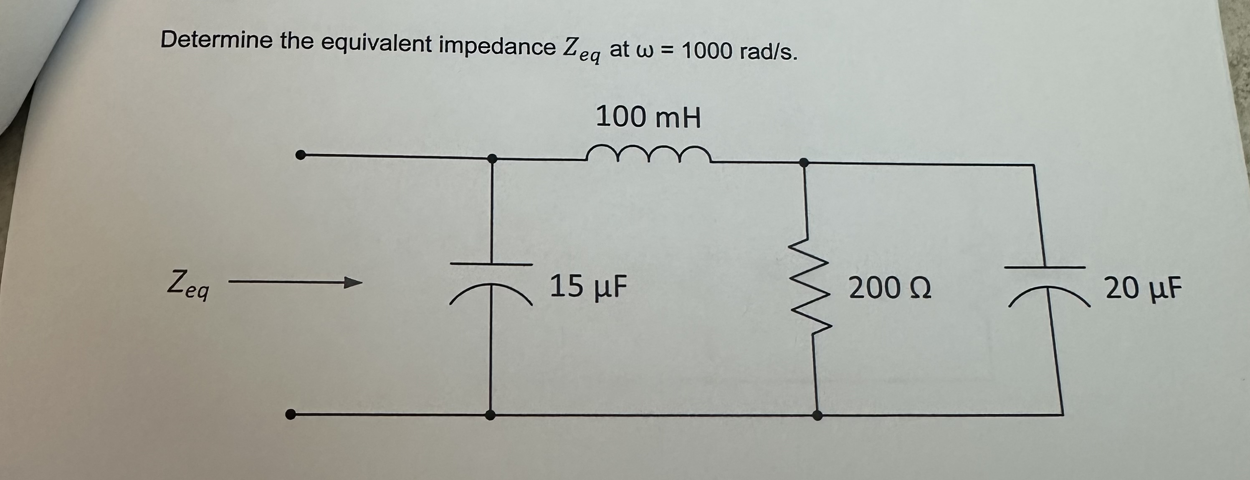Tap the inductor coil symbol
648,154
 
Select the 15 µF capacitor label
588,286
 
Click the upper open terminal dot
301,155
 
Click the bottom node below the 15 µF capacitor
491,415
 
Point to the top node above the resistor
804,162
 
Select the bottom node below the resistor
817,415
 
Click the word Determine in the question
216,40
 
